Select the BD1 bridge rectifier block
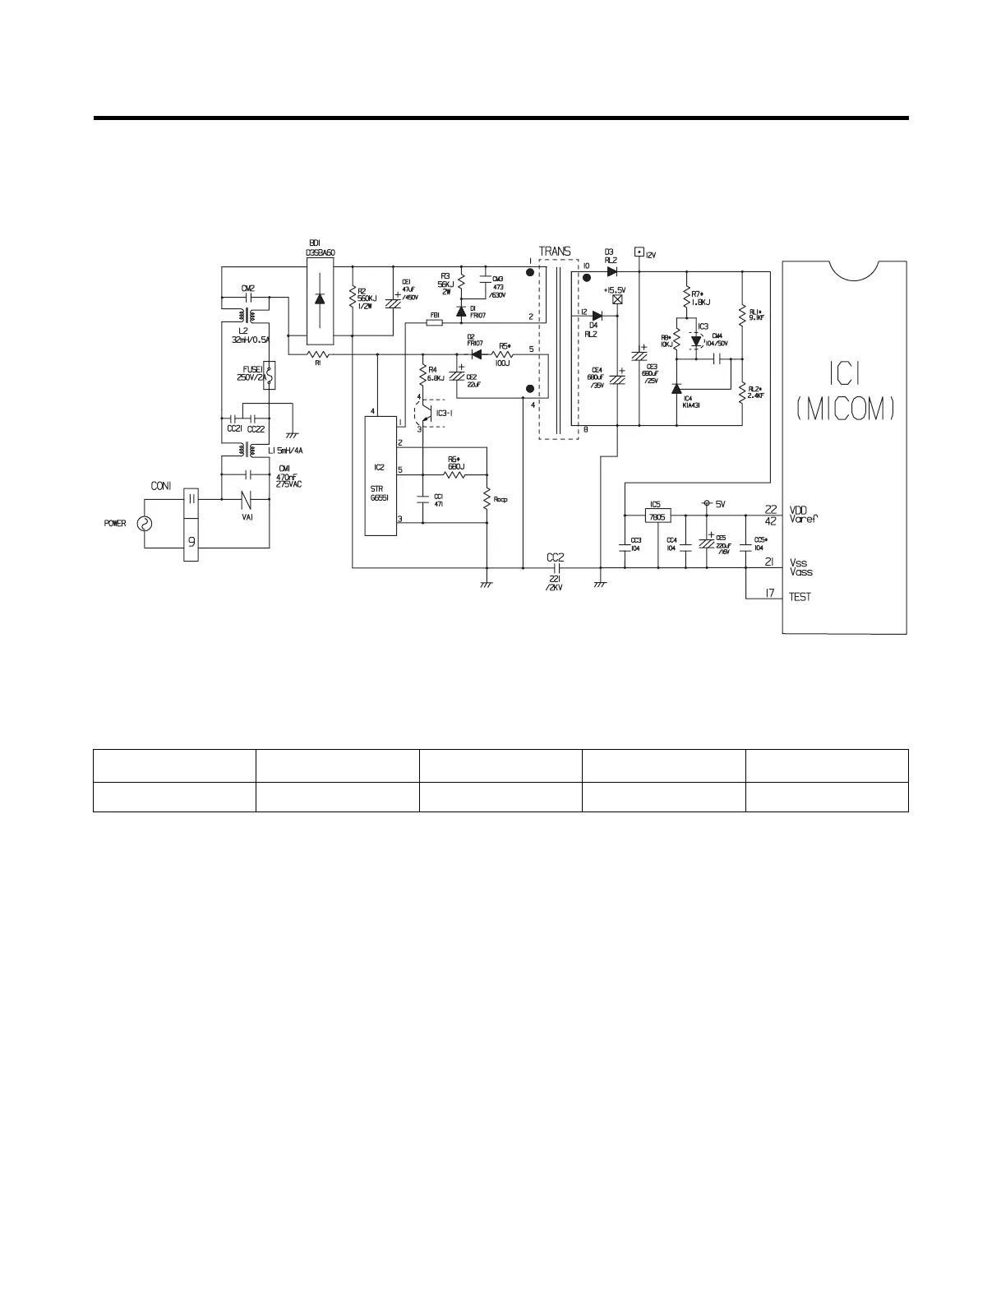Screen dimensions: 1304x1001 click(320, 300)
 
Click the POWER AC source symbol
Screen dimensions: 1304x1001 click(145, 523)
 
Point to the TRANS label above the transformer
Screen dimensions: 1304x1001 click(555, 252)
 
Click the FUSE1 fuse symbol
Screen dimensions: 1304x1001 click(267, 373)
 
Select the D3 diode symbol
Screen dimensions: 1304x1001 click(611, 271)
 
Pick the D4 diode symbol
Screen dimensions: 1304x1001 click(597, 316)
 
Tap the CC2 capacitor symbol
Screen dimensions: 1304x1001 click(556, 567)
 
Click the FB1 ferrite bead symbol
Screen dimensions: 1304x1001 click(436, 323)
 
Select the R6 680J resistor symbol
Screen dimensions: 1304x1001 click(454, 475)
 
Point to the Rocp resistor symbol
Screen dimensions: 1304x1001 click(487, 497)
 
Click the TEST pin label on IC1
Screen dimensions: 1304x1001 click(800, 597)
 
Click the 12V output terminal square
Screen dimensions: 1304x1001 click(639, 254)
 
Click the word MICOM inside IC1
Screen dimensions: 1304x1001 click(845, 409)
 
